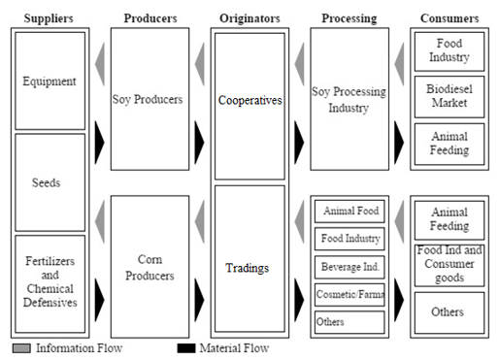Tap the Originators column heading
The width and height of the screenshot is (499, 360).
click(249, 18)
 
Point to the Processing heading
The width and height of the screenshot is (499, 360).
click(349, 18)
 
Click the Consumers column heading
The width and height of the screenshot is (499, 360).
click(449, 18)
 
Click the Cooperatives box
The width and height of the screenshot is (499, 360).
click(249, 100)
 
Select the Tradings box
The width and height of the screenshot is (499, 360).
click(249, 268)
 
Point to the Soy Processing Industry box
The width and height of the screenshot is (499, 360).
click(349, 100)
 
